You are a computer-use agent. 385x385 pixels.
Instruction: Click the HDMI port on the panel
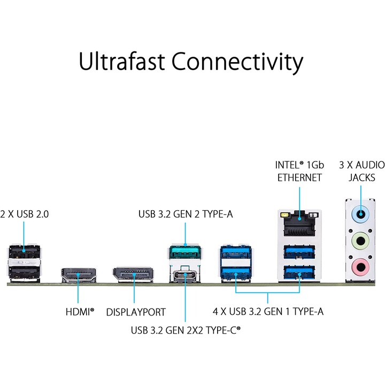pos(78,275)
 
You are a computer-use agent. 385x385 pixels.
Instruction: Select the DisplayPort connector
pos(133,274)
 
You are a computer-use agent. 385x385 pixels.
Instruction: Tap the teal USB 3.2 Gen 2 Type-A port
pos(185,252)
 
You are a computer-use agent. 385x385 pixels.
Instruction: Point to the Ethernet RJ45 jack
pos(299,224)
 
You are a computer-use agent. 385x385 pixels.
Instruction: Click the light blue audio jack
pos(360,214)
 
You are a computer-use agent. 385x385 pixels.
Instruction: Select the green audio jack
pos(360,241)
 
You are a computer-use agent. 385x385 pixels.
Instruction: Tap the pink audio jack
pos(360,267)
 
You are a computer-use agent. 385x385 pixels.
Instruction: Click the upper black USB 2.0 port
pos(24,252)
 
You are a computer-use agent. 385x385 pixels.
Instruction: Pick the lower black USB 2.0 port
pos(24,273)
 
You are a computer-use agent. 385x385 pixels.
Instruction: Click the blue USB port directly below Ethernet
pos(299,252)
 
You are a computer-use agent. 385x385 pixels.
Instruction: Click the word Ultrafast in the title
pos(121,61)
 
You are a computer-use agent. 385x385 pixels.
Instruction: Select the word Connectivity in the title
pos(237,63)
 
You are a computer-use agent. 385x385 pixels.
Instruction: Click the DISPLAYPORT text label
pos(136,312)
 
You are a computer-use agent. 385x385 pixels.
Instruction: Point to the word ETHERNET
pos(299,178)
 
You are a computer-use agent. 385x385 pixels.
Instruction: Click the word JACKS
pos(361,178)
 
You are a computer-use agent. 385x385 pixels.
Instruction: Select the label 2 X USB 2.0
pos(24,214)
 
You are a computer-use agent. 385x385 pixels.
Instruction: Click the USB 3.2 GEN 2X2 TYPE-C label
pos(186,330)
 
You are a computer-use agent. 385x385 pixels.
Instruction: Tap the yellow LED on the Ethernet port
pos(284,215)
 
